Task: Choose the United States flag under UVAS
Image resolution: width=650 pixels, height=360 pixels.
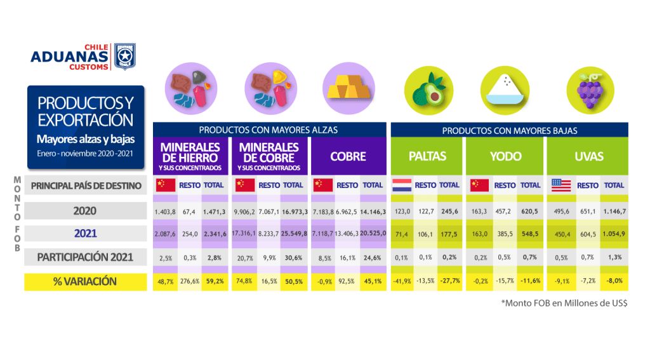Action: tap(561, 185)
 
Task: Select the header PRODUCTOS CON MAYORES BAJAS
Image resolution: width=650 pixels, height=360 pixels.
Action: tap(509, 130)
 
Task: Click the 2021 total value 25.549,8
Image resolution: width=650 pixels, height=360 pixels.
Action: tap(294, 234)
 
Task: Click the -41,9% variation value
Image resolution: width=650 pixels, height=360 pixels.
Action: tap(402, 282)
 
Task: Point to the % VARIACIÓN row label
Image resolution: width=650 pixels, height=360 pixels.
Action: tap(85, 282)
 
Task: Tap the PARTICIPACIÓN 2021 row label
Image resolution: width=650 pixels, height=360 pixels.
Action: tap(85, 257)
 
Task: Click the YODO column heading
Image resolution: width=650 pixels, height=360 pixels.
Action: tap(505, 156)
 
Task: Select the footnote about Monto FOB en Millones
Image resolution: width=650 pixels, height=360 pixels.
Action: tap(564, 303)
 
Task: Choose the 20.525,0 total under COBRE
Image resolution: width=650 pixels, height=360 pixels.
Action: tap(373, 234)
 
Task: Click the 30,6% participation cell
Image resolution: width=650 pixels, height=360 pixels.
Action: tap(294, 257)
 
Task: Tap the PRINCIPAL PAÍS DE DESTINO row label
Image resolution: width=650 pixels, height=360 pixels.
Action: tap(85, 185)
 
